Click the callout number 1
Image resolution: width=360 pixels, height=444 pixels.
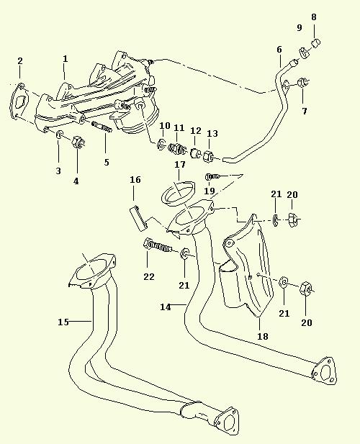coord(65,59)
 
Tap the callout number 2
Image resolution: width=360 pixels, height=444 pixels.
coord(20,61)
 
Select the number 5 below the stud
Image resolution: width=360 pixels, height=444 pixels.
coord(107,162)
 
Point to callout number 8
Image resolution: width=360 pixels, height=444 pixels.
coord(313,17)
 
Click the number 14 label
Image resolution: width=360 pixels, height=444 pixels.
coord(166,307)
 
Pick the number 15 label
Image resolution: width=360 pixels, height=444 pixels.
coord(63,322)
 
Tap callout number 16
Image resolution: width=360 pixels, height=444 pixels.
coord(135,179)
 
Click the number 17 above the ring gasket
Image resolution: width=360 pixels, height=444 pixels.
coord(180,165)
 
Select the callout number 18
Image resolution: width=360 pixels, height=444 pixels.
coord(263,336)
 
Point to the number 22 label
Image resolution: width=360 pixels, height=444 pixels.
coord(149,276)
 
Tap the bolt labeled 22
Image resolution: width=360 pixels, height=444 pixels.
coord(158,246)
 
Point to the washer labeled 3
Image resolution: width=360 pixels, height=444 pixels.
coord(60,135)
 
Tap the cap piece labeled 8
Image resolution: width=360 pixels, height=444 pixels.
coord(316,43)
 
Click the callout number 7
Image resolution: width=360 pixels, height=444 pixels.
coord(305,112)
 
